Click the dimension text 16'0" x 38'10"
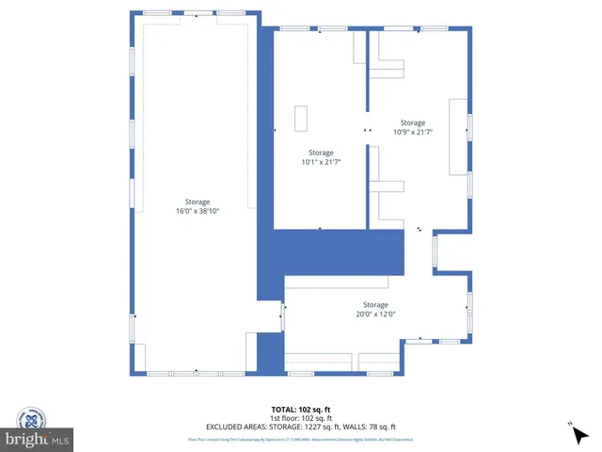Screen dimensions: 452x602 (x=198, y=212)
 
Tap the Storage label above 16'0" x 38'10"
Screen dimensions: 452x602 (x=198, y=202)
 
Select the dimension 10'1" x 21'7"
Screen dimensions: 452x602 (x=321, y=162)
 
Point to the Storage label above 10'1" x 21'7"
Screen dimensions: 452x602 (x=321, y=153)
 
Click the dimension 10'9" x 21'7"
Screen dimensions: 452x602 (x=412, y=132)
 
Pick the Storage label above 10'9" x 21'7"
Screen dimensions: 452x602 (x=412, y=122)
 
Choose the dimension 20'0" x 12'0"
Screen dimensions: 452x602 (x=375, y=315)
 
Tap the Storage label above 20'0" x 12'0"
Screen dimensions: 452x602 (x=375, y=304)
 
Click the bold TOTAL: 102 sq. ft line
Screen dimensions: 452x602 (x=300, y=409)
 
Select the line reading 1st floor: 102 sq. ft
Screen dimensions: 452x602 (x=300, y=417)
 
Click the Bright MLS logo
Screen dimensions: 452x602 (x=37, y=440)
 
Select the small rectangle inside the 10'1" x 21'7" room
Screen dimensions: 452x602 (x=300, y=119)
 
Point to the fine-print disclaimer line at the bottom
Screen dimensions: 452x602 (x=300, y=439)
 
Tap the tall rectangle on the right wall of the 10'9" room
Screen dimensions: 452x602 (x=457, y=135)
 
